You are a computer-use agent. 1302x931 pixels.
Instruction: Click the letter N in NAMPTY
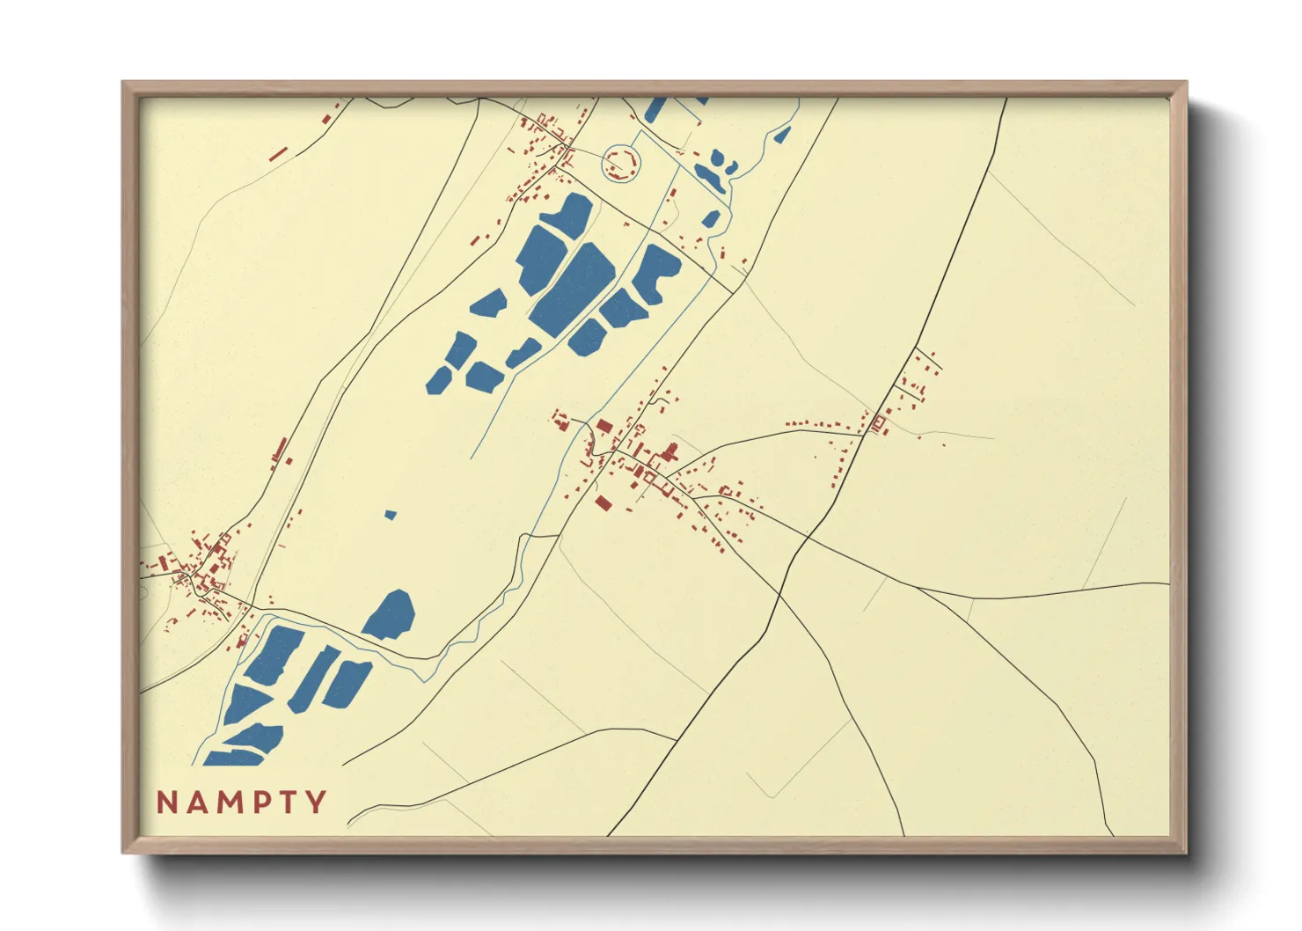[x=167, y=803]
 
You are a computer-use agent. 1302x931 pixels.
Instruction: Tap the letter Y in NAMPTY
[x=316, y=803]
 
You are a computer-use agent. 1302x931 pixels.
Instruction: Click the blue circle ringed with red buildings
[x=621, y=163]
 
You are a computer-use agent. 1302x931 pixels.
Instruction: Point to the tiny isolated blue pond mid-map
[x=391, y=514]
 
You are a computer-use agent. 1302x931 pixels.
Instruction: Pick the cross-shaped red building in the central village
[x=670, y=453]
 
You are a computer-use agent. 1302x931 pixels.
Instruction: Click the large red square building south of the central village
[x=603, y=502]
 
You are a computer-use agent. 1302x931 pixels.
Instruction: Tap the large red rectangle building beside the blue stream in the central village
[x=604, y=426]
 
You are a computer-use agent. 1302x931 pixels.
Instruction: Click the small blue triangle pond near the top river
[x=781, y=135]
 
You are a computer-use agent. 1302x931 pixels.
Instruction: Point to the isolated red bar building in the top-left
[x=278, y=154]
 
